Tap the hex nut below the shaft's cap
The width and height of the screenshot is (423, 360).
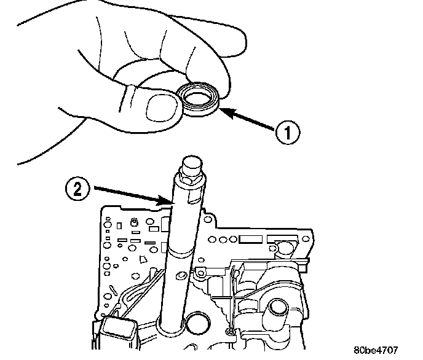click(x=188, y=182)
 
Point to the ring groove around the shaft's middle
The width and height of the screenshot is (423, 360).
click(x=183, y=252)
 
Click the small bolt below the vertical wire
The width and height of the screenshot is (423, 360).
click(x=230, y=332)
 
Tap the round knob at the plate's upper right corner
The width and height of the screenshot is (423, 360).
click(x=284, y=247)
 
